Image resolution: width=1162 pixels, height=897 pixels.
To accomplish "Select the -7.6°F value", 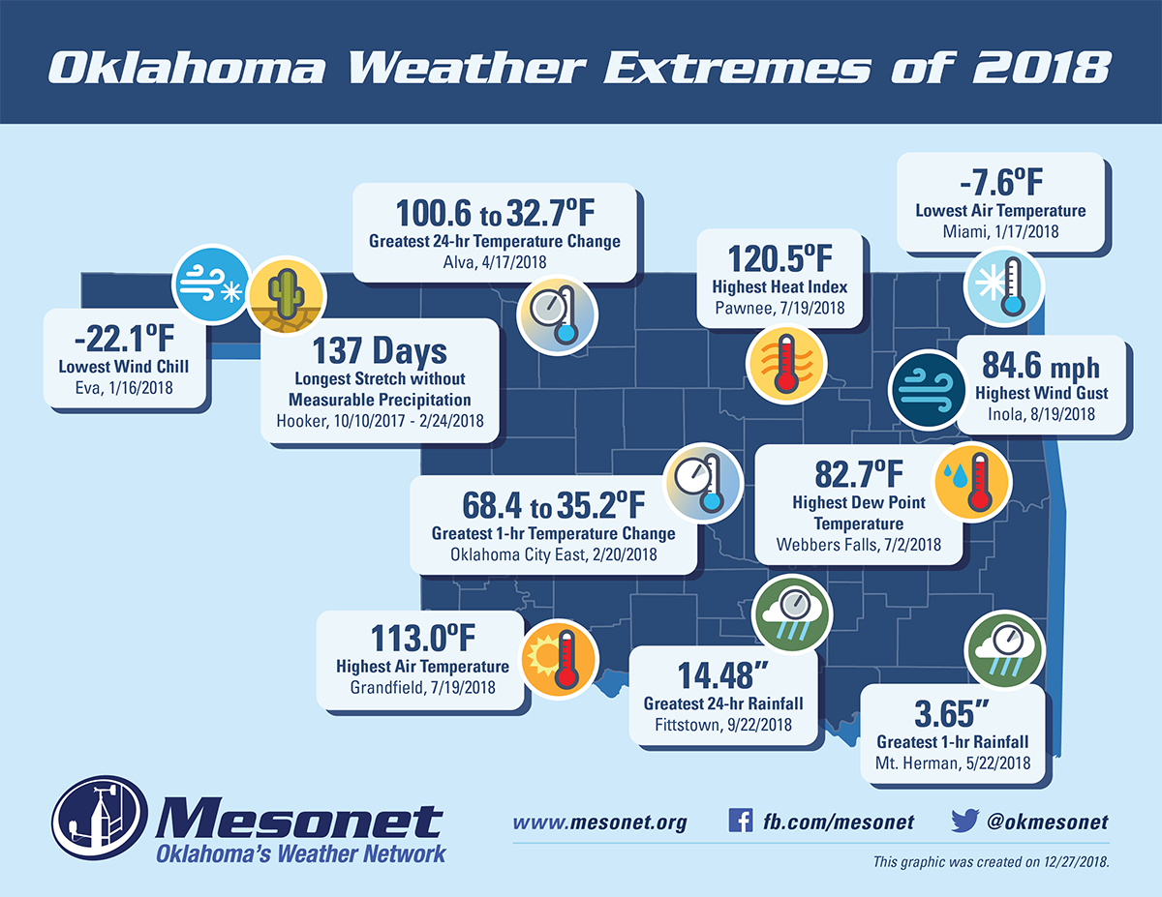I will point(1000,182).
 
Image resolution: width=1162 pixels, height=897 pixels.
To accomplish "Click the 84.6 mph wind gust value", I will point(1041,368).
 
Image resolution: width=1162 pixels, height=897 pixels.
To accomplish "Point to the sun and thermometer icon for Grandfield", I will point(558,659).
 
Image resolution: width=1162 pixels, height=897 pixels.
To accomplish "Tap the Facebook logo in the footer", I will point(740,822).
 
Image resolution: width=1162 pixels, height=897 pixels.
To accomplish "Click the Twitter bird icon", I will point(963,822).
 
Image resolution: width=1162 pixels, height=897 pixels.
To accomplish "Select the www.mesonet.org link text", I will point(599,822).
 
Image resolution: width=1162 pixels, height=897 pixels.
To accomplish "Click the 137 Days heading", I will point(380,350).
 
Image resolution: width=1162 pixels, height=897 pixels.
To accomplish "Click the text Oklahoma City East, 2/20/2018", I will point(554,554).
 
